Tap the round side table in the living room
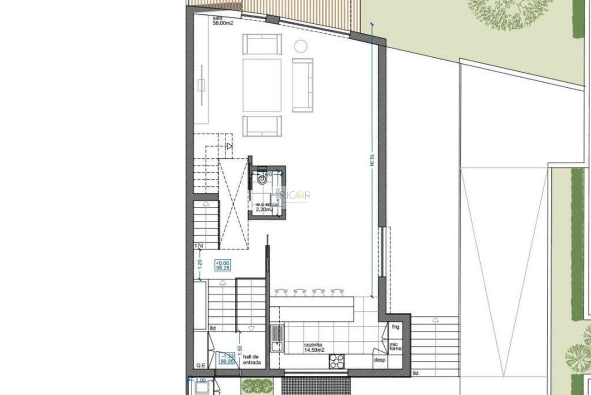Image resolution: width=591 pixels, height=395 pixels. coord(301,46)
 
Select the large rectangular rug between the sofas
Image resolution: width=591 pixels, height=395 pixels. coord(262,85)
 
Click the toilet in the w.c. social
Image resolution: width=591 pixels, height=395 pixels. coord(262,179)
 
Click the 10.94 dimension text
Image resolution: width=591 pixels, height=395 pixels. coord(371,159)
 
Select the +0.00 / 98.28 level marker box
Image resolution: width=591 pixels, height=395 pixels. coord(223,265)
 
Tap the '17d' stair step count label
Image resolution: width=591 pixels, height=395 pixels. coord(199,246)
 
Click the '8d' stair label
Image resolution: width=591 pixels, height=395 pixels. coord(212,328)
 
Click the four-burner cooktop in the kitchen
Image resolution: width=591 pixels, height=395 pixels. coord(337,361)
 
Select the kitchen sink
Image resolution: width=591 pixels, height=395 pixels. coord(277,338)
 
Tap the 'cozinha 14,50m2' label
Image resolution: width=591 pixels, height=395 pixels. coord(314,347)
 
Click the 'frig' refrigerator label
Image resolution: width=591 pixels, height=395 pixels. coord(395,327)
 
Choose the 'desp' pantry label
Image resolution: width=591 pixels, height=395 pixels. coord(380,360)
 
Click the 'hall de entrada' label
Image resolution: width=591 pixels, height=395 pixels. coord(252,360)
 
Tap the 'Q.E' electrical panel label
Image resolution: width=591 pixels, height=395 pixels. coord(200,365)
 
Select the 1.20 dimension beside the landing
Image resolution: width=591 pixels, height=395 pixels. coord(199,264)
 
